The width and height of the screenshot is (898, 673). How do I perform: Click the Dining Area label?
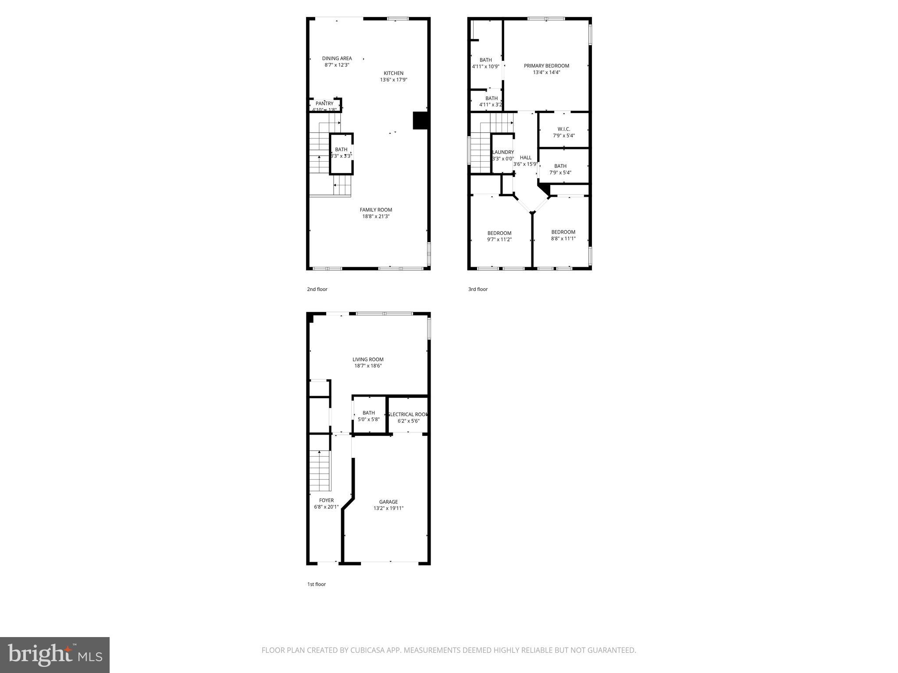tap(337, 58)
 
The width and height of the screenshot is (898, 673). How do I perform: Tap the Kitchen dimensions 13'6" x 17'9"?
tap(393, 80)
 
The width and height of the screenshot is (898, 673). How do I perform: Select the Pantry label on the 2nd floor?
tap(324, 103)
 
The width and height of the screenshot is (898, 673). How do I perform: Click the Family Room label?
tap(376, 210)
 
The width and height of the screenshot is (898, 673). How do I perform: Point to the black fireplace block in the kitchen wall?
tap(420, 120)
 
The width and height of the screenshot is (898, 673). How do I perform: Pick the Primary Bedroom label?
tap(546, 66)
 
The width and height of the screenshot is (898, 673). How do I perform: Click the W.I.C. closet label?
tap(563, 129)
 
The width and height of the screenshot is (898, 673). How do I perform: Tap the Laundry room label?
tap(503, 152)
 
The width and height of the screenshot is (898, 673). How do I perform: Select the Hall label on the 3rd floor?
tap(525, 158)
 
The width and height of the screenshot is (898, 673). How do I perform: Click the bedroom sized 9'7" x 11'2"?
tap(499, 236)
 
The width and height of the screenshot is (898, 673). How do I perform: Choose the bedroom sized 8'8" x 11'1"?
tap(563, 235)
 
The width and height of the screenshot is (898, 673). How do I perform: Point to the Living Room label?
tap(368, 359)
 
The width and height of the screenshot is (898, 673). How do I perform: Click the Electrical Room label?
tap(408, 414)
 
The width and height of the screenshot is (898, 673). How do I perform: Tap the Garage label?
tap(388, 502)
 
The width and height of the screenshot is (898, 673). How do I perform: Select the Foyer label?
tap(326, 500)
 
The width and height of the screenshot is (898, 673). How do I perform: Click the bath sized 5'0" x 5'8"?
tap(368, 416)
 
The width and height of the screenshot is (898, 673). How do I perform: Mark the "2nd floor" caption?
tap(317, 289)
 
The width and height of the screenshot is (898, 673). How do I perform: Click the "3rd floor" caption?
tap(478, 289)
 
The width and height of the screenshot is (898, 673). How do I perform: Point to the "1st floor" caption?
tap(316, 584)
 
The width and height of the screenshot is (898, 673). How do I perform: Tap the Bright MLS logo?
tap(55, 655)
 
